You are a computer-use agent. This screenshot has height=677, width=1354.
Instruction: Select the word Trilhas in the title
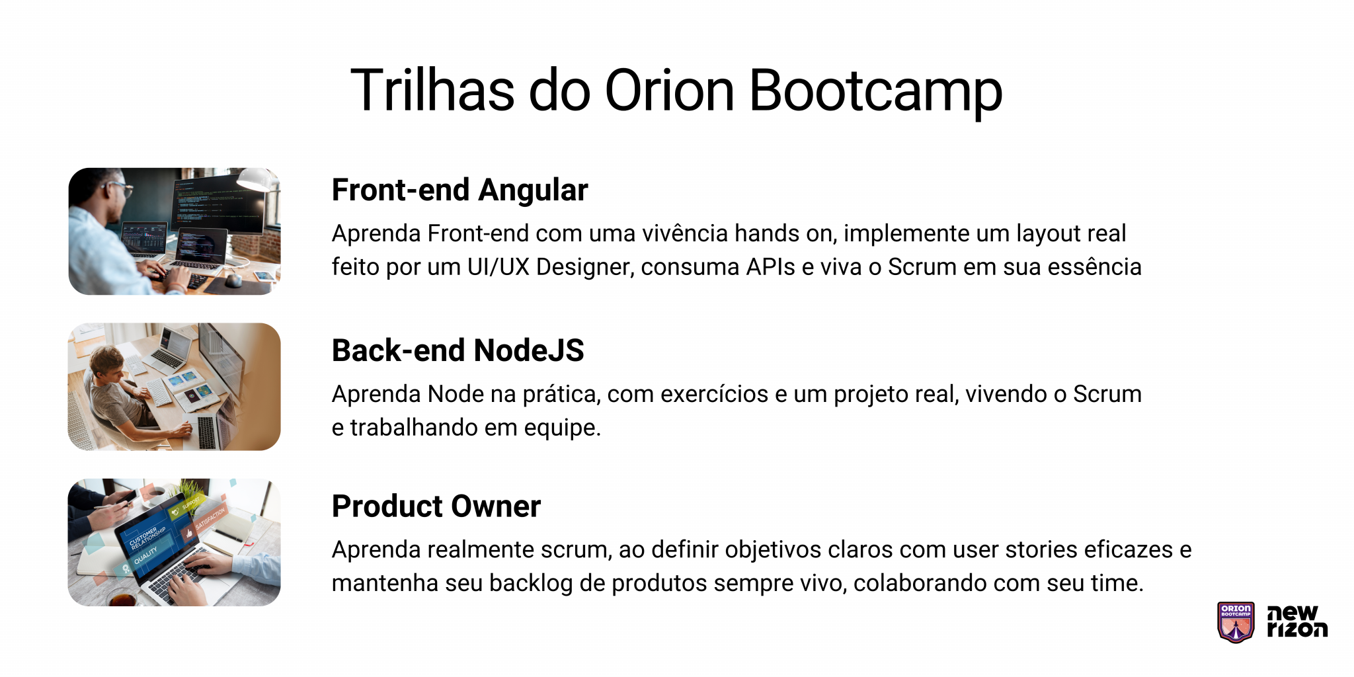pyautogui.click(x=432, y=91)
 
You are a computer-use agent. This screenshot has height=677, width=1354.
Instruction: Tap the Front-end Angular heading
pyautogui.click(x=459, y=190)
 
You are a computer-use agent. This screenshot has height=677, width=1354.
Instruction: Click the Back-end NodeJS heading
pyautogui.click(x=458, y=350)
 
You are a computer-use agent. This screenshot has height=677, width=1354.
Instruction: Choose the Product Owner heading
pyautogui.click(x=436, y=506)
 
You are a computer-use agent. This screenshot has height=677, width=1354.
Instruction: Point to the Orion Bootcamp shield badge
pyautogui.click(x=1235, y=622)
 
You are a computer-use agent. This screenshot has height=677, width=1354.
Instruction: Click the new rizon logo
pyautogui.click(x=1296, y=622)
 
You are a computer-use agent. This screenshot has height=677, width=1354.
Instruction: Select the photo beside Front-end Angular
pyautogui.click(x=175, y=231)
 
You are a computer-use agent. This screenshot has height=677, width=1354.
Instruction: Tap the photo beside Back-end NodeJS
pyautogui.click(x=175, y=387)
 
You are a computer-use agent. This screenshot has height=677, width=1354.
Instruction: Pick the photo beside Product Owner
pyautogui.click(x=175, y=542)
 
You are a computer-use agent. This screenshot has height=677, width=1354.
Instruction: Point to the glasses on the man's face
pyautogui.click(x=122, y=188)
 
